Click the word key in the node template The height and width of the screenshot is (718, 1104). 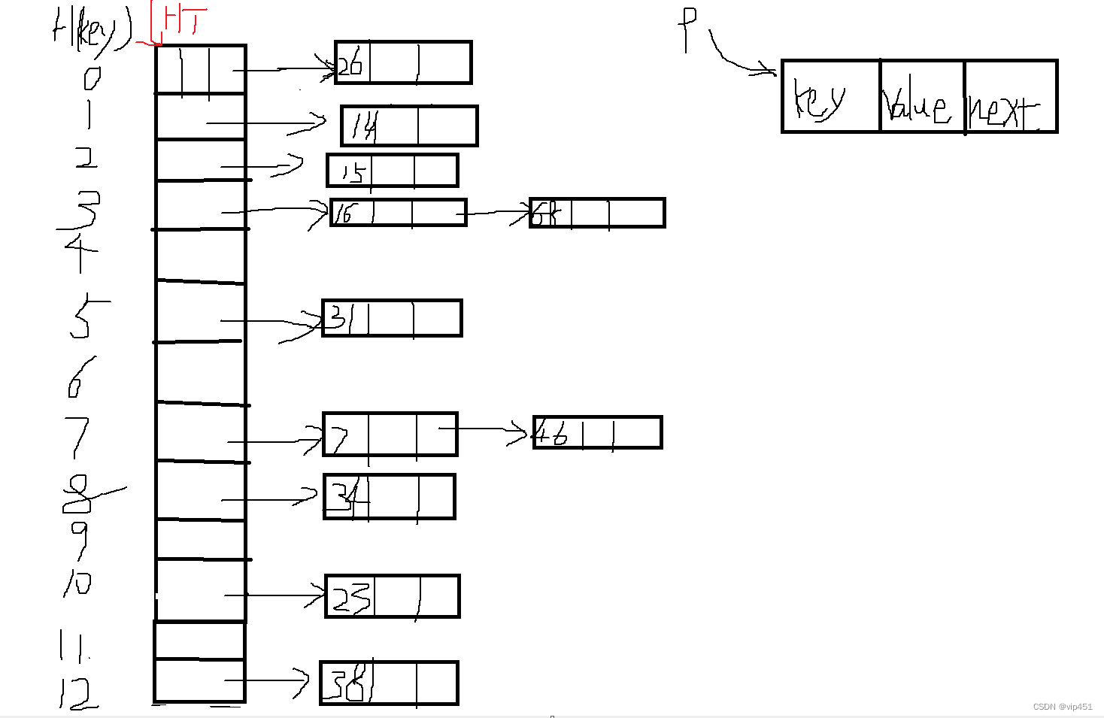820,101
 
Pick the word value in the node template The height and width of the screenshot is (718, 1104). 917,105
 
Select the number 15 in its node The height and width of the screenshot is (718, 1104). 351,173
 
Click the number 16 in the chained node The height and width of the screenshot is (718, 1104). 343,214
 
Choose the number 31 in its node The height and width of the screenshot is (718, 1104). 339,318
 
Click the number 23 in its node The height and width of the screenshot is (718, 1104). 350,598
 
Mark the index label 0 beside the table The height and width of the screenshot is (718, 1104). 92,77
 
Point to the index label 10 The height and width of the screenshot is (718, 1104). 78,581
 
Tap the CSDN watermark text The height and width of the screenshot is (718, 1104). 1062,707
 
